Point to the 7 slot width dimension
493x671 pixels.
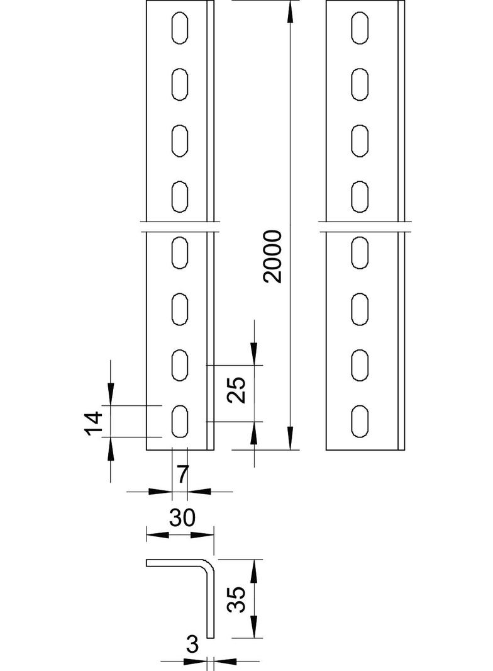pos(181,474)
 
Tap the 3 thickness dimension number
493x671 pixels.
pos(193,645)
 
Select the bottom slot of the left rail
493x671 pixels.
pos(180,421)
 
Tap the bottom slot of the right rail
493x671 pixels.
pos(360,421)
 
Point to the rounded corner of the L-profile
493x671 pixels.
pos(209,564)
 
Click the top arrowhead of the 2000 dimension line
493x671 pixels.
pos(290,9)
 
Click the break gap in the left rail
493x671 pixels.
pos(180,227)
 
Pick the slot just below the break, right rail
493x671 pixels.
pos(360,253)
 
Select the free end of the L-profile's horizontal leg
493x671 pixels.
pos(148,563)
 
